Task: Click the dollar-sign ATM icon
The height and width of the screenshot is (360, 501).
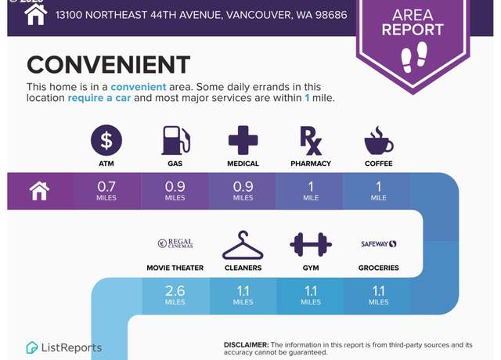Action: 106,140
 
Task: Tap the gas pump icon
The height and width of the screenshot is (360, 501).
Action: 176,140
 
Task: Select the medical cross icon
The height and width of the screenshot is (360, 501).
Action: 243,140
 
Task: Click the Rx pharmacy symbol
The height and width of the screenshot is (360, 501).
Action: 311,141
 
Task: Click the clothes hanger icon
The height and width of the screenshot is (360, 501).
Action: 243,245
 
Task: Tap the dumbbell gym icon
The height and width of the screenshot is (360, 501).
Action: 311,245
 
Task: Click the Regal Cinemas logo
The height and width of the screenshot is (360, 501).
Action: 175,243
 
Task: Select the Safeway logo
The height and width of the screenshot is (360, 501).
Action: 379,243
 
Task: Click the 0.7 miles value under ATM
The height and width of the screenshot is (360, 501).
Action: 106,191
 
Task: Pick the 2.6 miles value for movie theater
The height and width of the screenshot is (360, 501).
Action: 175,295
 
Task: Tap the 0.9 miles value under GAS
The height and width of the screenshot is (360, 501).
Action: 175,191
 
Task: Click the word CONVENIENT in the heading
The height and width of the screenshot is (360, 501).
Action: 108,64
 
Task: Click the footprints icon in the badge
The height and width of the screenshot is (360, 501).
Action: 414,56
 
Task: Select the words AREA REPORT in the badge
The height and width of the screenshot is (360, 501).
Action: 413,23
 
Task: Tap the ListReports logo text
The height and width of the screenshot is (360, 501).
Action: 71,347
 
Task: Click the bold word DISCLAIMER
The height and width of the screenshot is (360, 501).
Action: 246,345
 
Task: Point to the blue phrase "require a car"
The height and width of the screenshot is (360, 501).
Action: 99,98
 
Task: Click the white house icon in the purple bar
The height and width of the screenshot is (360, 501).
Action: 39,191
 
